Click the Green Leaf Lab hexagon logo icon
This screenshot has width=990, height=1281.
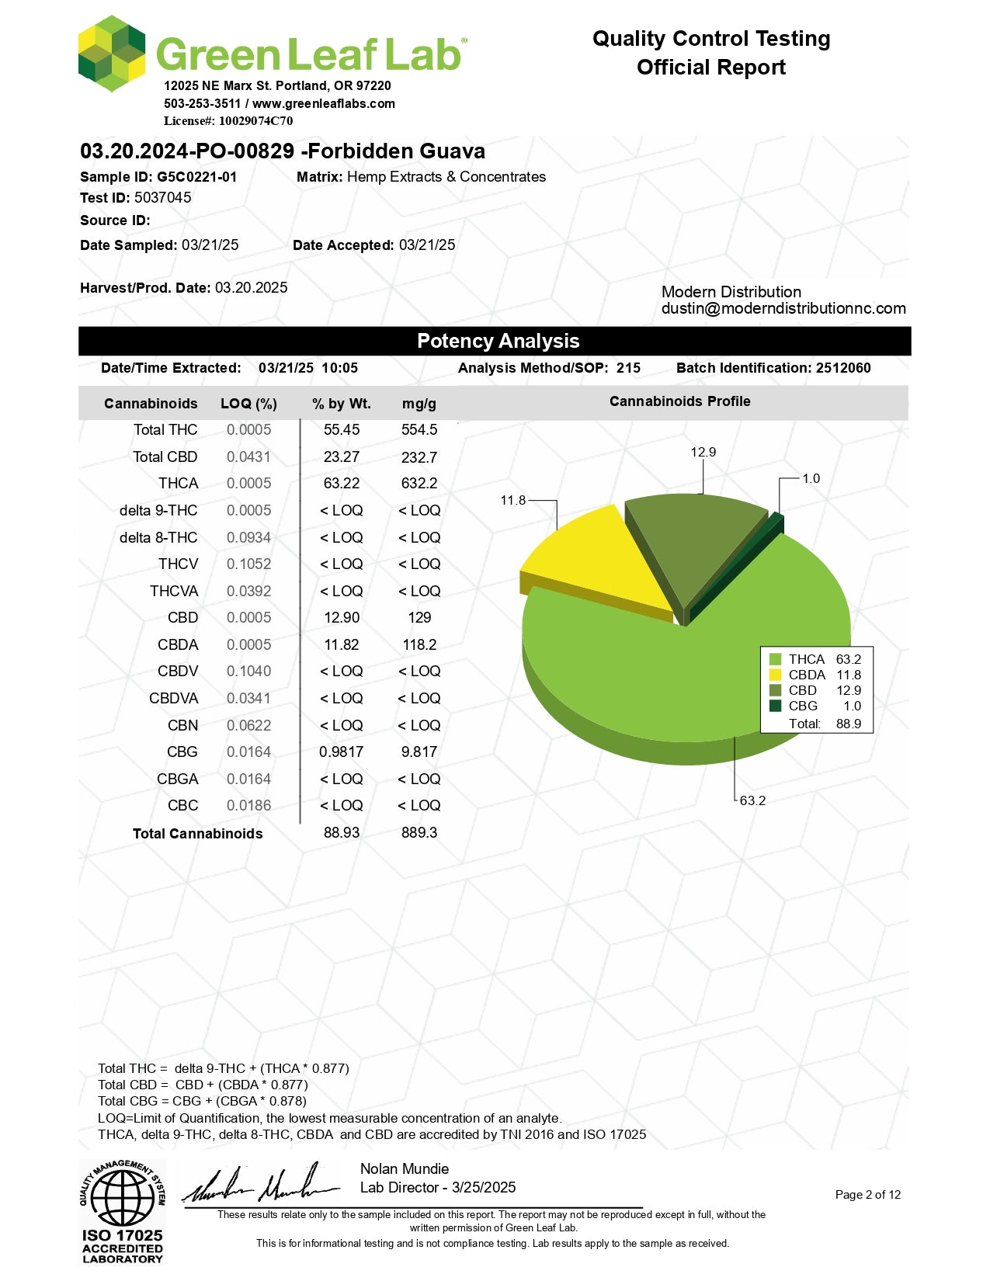(x=112, y=53)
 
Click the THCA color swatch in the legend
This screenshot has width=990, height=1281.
(x=775, y=659)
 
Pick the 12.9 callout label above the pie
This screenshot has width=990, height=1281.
(x=703, y=452)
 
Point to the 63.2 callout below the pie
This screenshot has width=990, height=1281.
(x=752, y=800)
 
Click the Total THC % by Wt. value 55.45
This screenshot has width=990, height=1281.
(x=342, y=430)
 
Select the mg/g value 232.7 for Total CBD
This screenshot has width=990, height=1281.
(x=419, y=457)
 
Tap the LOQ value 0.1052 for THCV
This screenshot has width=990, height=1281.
(x=249, y=564)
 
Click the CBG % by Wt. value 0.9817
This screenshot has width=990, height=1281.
(x=341, y=752)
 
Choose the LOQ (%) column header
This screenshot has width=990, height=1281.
(x=248, y=404)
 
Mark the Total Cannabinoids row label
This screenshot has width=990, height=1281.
(x=197, y=834)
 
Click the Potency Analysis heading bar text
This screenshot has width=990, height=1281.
(x=498, y=342)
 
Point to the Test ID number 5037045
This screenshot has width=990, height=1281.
(x=163, y=198)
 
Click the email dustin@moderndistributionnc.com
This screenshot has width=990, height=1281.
(x=783, y=309)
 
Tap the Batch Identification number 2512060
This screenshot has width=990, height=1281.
(x=843, y=368)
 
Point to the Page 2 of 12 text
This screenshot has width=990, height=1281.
(x=868, y=1195)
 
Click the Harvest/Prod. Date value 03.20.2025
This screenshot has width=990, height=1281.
(x=251, y=288)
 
